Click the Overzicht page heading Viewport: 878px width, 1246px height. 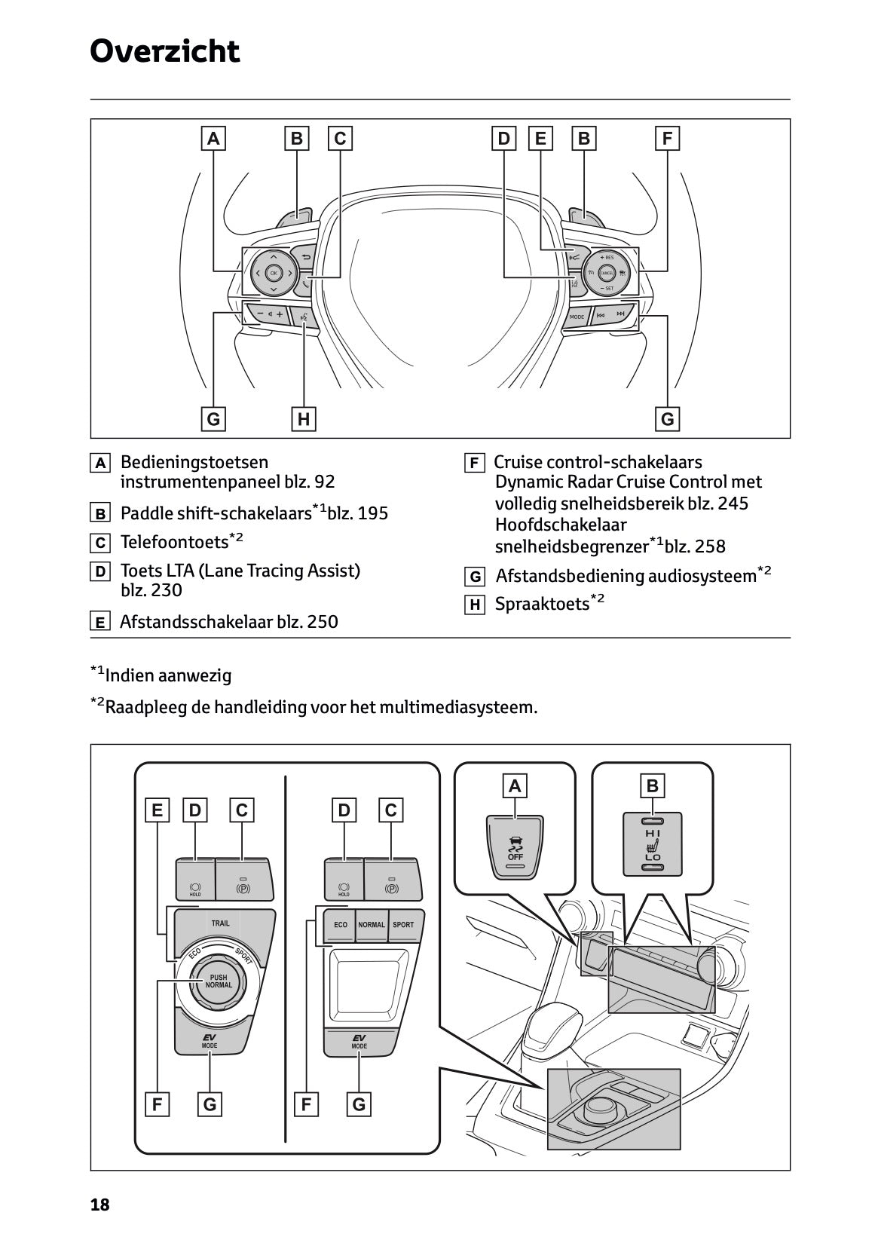tap(164, 51)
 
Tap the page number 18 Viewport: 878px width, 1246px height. tap(99, 1205)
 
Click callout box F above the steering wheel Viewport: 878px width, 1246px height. tap(667, 139)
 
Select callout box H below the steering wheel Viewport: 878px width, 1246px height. tap(303, 419)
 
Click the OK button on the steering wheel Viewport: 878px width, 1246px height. tap(273, 273)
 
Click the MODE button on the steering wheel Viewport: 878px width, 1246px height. tap(577, 317)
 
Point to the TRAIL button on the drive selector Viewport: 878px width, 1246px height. tap(221, 923)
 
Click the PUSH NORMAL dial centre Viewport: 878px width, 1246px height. tap(219, 981)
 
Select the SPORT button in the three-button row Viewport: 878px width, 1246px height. tap(403, 925)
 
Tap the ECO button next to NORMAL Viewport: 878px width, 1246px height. tap(341, 925)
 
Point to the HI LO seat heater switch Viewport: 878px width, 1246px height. tap(653, 843)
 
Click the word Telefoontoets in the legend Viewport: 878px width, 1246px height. tap(174, 543)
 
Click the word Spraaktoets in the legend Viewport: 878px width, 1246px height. tap(541, 605)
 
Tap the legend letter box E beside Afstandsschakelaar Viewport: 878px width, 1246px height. tap(99, 623)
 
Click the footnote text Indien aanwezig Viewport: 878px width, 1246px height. tap(168, 676)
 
